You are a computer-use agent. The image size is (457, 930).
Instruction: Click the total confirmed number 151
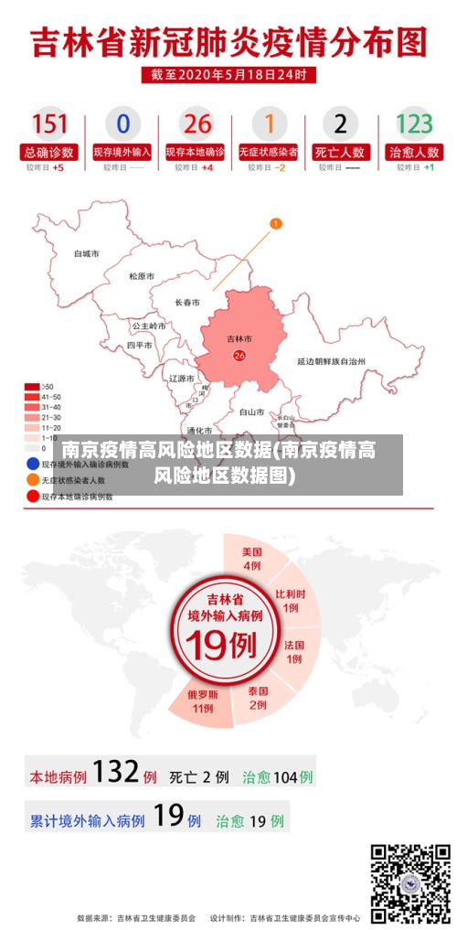click(50, 124)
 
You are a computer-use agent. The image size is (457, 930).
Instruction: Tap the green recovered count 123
click(414, 124)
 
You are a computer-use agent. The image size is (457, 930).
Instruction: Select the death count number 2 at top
click(340, 124)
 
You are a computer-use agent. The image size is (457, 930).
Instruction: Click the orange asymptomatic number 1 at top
click(269, 124)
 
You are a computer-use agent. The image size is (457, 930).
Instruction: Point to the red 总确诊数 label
click(50, 153)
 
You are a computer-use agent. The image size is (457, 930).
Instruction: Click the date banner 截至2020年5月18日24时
click(228, 74)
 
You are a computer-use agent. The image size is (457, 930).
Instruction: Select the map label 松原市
click(142, 276)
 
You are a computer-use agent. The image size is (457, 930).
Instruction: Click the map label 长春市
click(187, 302)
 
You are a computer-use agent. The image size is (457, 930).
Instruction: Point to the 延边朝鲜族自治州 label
click(331, 361)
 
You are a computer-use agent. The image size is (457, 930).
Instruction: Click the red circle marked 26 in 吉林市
click(239, 355)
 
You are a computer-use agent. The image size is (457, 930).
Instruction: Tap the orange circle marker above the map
click(275, 222)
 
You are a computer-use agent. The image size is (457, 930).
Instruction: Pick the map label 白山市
click(251, 412)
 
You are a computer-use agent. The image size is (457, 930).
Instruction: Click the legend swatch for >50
click(32, 386)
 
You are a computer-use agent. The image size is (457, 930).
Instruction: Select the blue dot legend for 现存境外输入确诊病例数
click(32, 464)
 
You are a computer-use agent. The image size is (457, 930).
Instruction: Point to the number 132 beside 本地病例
click(115, 773)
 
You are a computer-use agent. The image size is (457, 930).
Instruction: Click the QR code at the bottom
click(409, 883)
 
